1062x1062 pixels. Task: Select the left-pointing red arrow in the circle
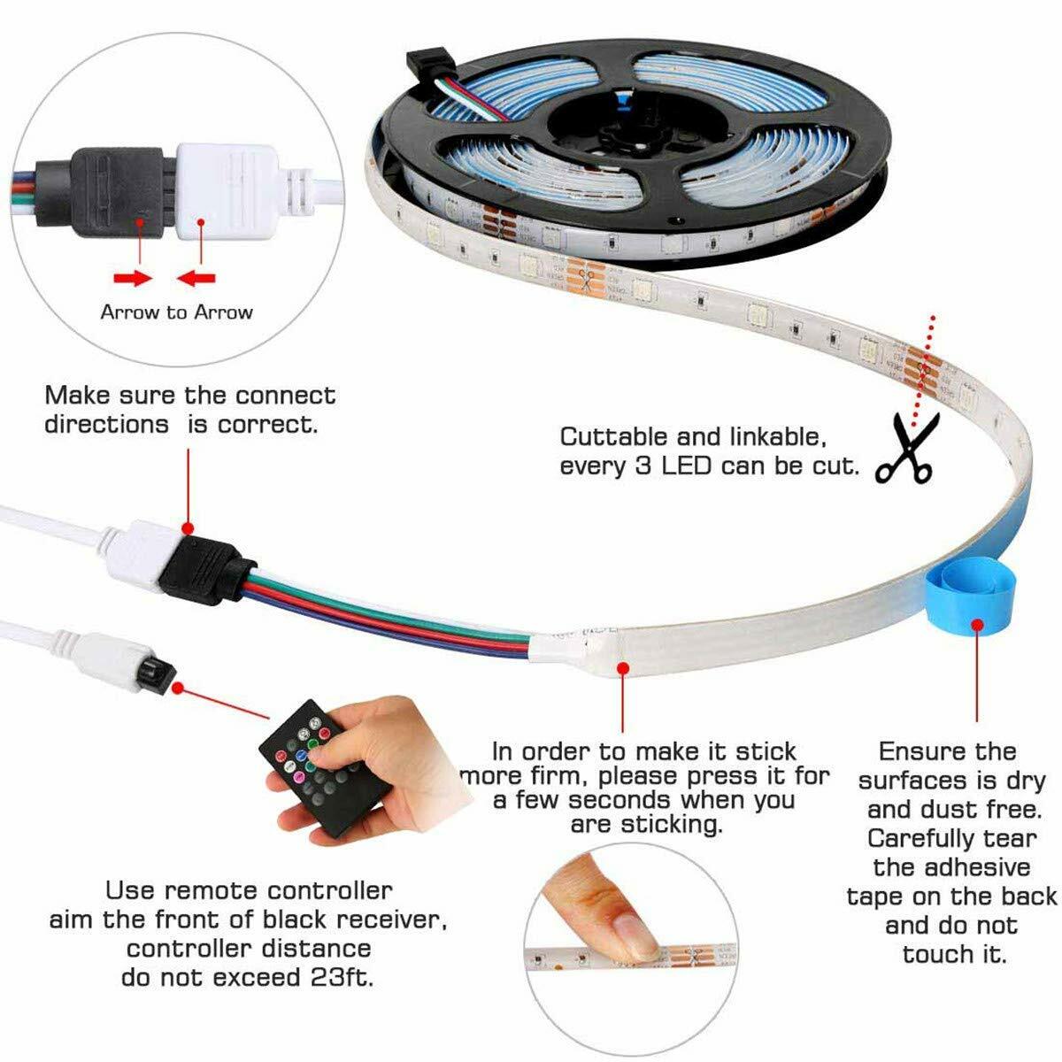[x=196, y=278]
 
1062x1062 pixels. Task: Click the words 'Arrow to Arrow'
[x=176, y=312]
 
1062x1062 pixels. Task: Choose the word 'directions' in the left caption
[x=106, y=424]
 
